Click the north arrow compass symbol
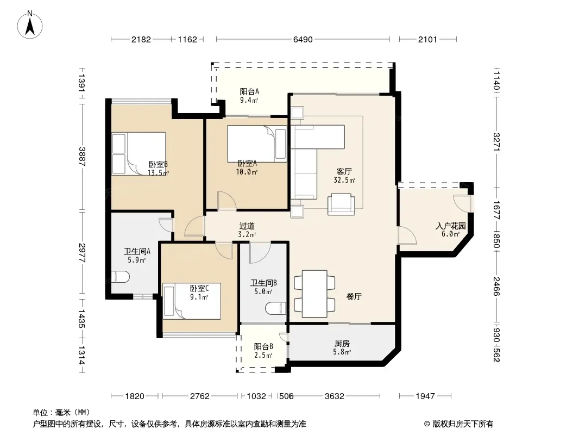click(x=30, y=24)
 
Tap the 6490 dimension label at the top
click(x=303, y=40)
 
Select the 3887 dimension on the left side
click(x=82, y=157)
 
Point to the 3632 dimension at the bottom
click(x=334, y=396)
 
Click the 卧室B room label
click(x=159, y=164)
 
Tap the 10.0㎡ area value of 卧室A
click(x=247, y=172)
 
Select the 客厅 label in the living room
click(x=344, y=172)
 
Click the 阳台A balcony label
click(x=249, y=91)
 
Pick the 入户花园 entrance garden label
click(x=450, y=226)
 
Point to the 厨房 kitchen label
click(x=342, y=344)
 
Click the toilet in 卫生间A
click(x=121, y=277)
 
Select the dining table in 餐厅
click(x=314, y=294)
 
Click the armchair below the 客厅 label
click(x=341, y=204)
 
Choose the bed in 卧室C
click(x=192, y=301)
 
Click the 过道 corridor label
click(x=247, y=226)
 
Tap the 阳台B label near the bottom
click(x=263, y=347)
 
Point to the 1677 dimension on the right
click(x=496, y=210)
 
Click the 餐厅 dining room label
click(x=354, y=296)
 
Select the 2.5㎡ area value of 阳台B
click(x=263, y=355)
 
